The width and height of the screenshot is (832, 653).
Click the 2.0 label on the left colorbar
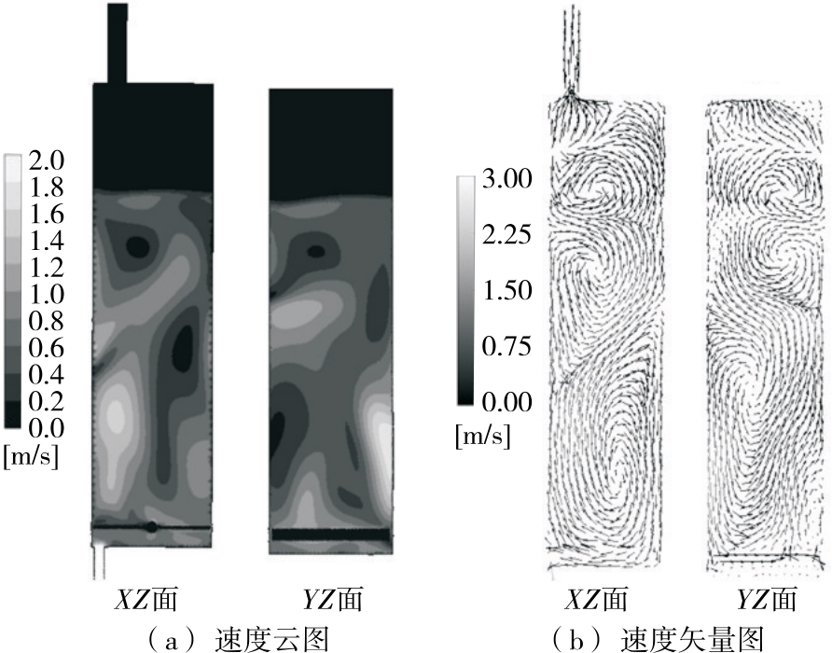(x=46, y=160)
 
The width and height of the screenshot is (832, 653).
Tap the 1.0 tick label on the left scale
(x=46, y=294)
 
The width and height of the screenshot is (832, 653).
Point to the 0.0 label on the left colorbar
(x=46, y=428)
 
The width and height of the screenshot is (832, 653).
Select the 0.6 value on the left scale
(x=46, y=348)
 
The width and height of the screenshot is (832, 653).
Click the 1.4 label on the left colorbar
(x=46, y=241)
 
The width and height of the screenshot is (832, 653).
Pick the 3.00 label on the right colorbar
(x=506, y=179)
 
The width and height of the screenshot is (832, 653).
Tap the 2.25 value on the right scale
(x=506, y=235)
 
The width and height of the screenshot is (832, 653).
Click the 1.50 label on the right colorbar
(x=506, y=290)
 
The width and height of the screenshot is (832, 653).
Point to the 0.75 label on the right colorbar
(x=506, y=346)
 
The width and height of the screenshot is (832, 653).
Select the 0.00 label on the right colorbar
(x=506, y=402)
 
